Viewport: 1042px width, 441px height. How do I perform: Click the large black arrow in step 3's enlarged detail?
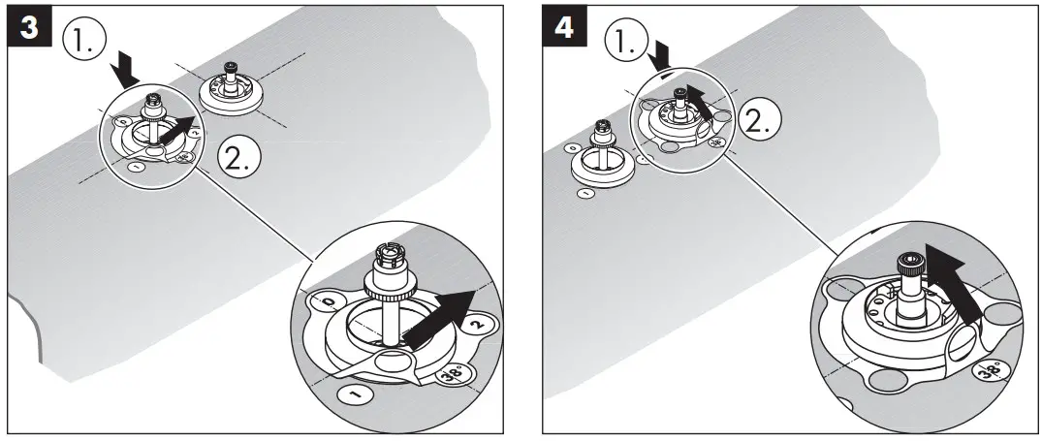click(442, 316)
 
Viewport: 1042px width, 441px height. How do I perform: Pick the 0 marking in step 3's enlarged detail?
click(331, 304)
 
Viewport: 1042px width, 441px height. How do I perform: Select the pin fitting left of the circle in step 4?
click(602, 155)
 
